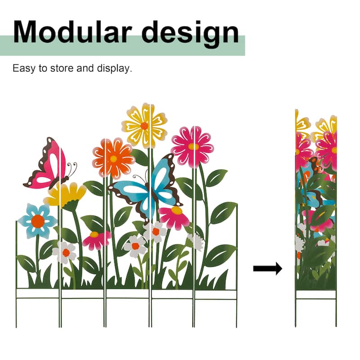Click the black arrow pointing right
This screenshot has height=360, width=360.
[267, 269]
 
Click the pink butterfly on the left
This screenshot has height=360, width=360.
[46, 164]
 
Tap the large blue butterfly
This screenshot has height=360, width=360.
[146, 187]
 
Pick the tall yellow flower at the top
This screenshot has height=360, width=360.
[144, 125]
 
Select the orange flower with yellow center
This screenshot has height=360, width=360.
[113, 158]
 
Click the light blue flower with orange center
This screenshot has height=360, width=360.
[38, 220]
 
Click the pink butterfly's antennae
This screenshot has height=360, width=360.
[72, 169]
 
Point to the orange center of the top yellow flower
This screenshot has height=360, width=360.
[144, 126]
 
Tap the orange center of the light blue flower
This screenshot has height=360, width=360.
[38, 221]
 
